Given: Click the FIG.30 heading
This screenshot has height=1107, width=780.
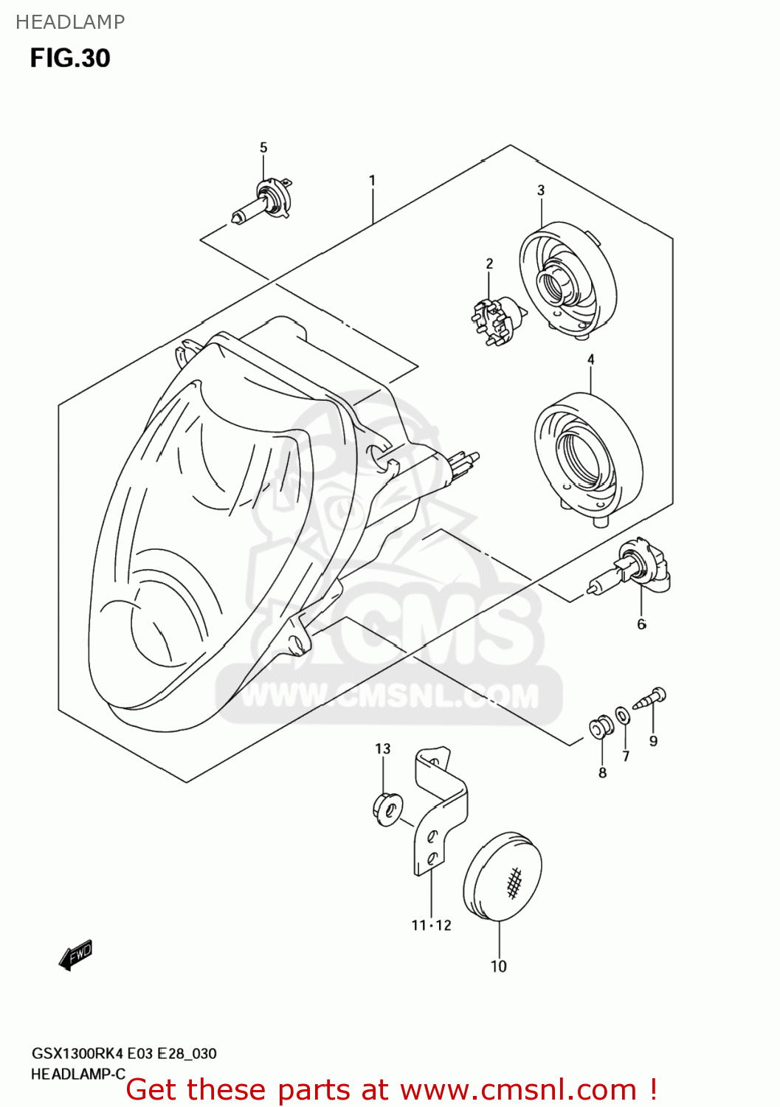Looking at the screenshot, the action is tap(70, 58).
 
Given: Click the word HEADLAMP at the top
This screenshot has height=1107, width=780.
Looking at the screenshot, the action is tap(70, 22).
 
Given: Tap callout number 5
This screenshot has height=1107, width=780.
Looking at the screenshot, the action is tap(263, 148).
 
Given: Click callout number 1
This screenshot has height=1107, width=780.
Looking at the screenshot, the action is tap(373, 180).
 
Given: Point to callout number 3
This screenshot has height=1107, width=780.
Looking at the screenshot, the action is tap(541, 190).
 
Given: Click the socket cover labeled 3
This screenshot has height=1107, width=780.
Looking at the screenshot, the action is tap(567, 281).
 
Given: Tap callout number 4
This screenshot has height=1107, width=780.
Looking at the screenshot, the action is tap(591, 359).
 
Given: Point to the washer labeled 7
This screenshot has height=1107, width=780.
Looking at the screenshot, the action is tap(623, 715).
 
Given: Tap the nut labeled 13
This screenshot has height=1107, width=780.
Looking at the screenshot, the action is tap(388, 807).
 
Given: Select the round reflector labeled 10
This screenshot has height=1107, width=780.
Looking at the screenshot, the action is tap(503, 877).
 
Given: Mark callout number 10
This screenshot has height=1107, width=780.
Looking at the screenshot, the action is tap(499, 966).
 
